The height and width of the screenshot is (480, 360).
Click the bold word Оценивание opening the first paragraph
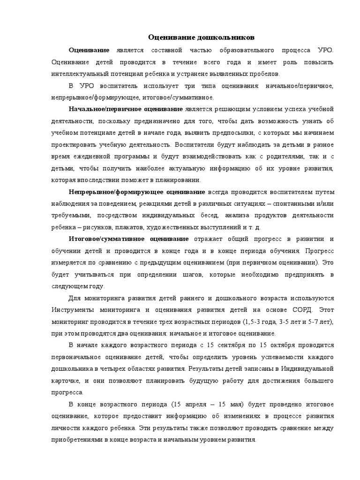89,50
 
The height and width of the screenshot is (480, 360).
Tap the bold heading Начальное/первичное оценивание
126,109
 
